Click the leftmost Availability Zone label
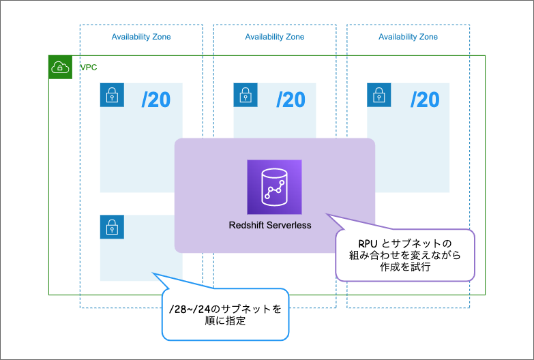141,37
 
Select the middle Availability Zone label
275,37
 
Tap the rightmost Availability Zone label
408,37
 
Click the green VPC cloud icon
61,67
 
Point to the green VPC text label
89,67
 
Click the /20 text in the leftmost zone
156,100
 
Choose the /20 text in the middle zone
290,100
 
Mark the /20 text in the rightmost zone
424,100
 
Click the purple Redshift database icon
274,187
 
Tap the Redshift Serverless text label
270,225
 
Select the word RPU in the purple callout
369,243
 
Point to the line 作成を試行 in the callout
404,268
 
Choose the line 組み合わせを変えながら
404,256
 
